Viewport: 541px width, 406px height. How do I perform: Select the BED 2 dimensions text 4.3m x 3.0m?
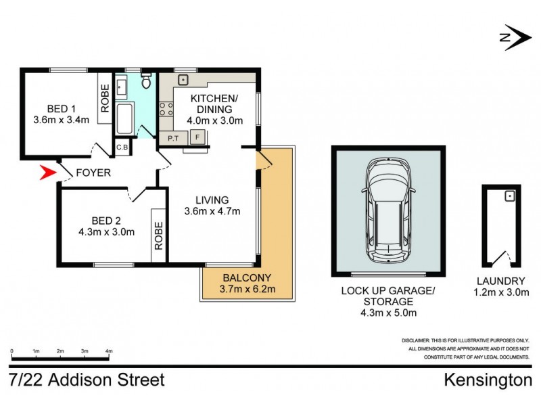pyautogui.click(x=106, y=231)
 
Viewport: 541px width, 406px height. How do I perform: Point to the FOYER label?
pyautogui.click(x=93, y=173)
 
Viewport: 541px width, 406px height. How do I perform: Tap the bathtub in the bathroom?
pyautogui.click(x=126, y=119)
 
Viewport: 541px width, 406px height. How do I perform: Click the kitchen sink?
pyautogui.click(x=183, y=80)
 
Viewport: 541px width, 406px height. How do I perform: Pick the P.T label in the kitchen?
pyautogui.click(x=173, y=139)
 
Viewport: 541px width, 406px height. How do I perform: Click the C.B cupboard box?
pyautogui.click(x=123, y=147)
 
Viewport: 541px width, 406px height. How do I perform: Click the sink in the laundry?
pyautogui.click(x=511, y=196)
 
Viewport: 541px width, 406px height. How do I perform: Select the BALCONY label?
pyautogui.click(x=247, y=277)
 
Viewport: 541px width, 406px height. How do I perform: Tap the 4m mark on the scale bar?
pyautogui.click(x=109, y=352)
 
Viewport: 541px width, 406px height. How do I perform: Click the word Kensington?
pyautogui.click(x=488, y=380)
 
